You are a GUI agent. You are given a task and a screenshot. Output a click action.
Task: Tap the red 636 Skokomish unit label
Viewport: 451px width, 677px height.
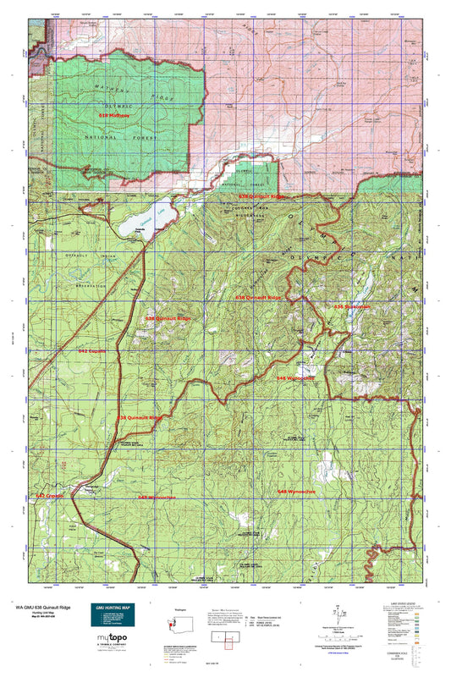click(x=352, y=306)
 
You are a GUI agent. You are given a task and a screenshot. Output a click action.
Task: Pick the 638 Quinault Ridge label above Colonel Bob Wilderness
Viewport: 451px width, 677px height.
click(x=261, y=195)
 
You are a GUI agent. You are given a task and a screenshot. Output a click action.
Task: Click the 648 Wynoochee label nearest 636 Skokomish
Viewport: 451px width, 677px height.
click(x=295, y=378)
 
